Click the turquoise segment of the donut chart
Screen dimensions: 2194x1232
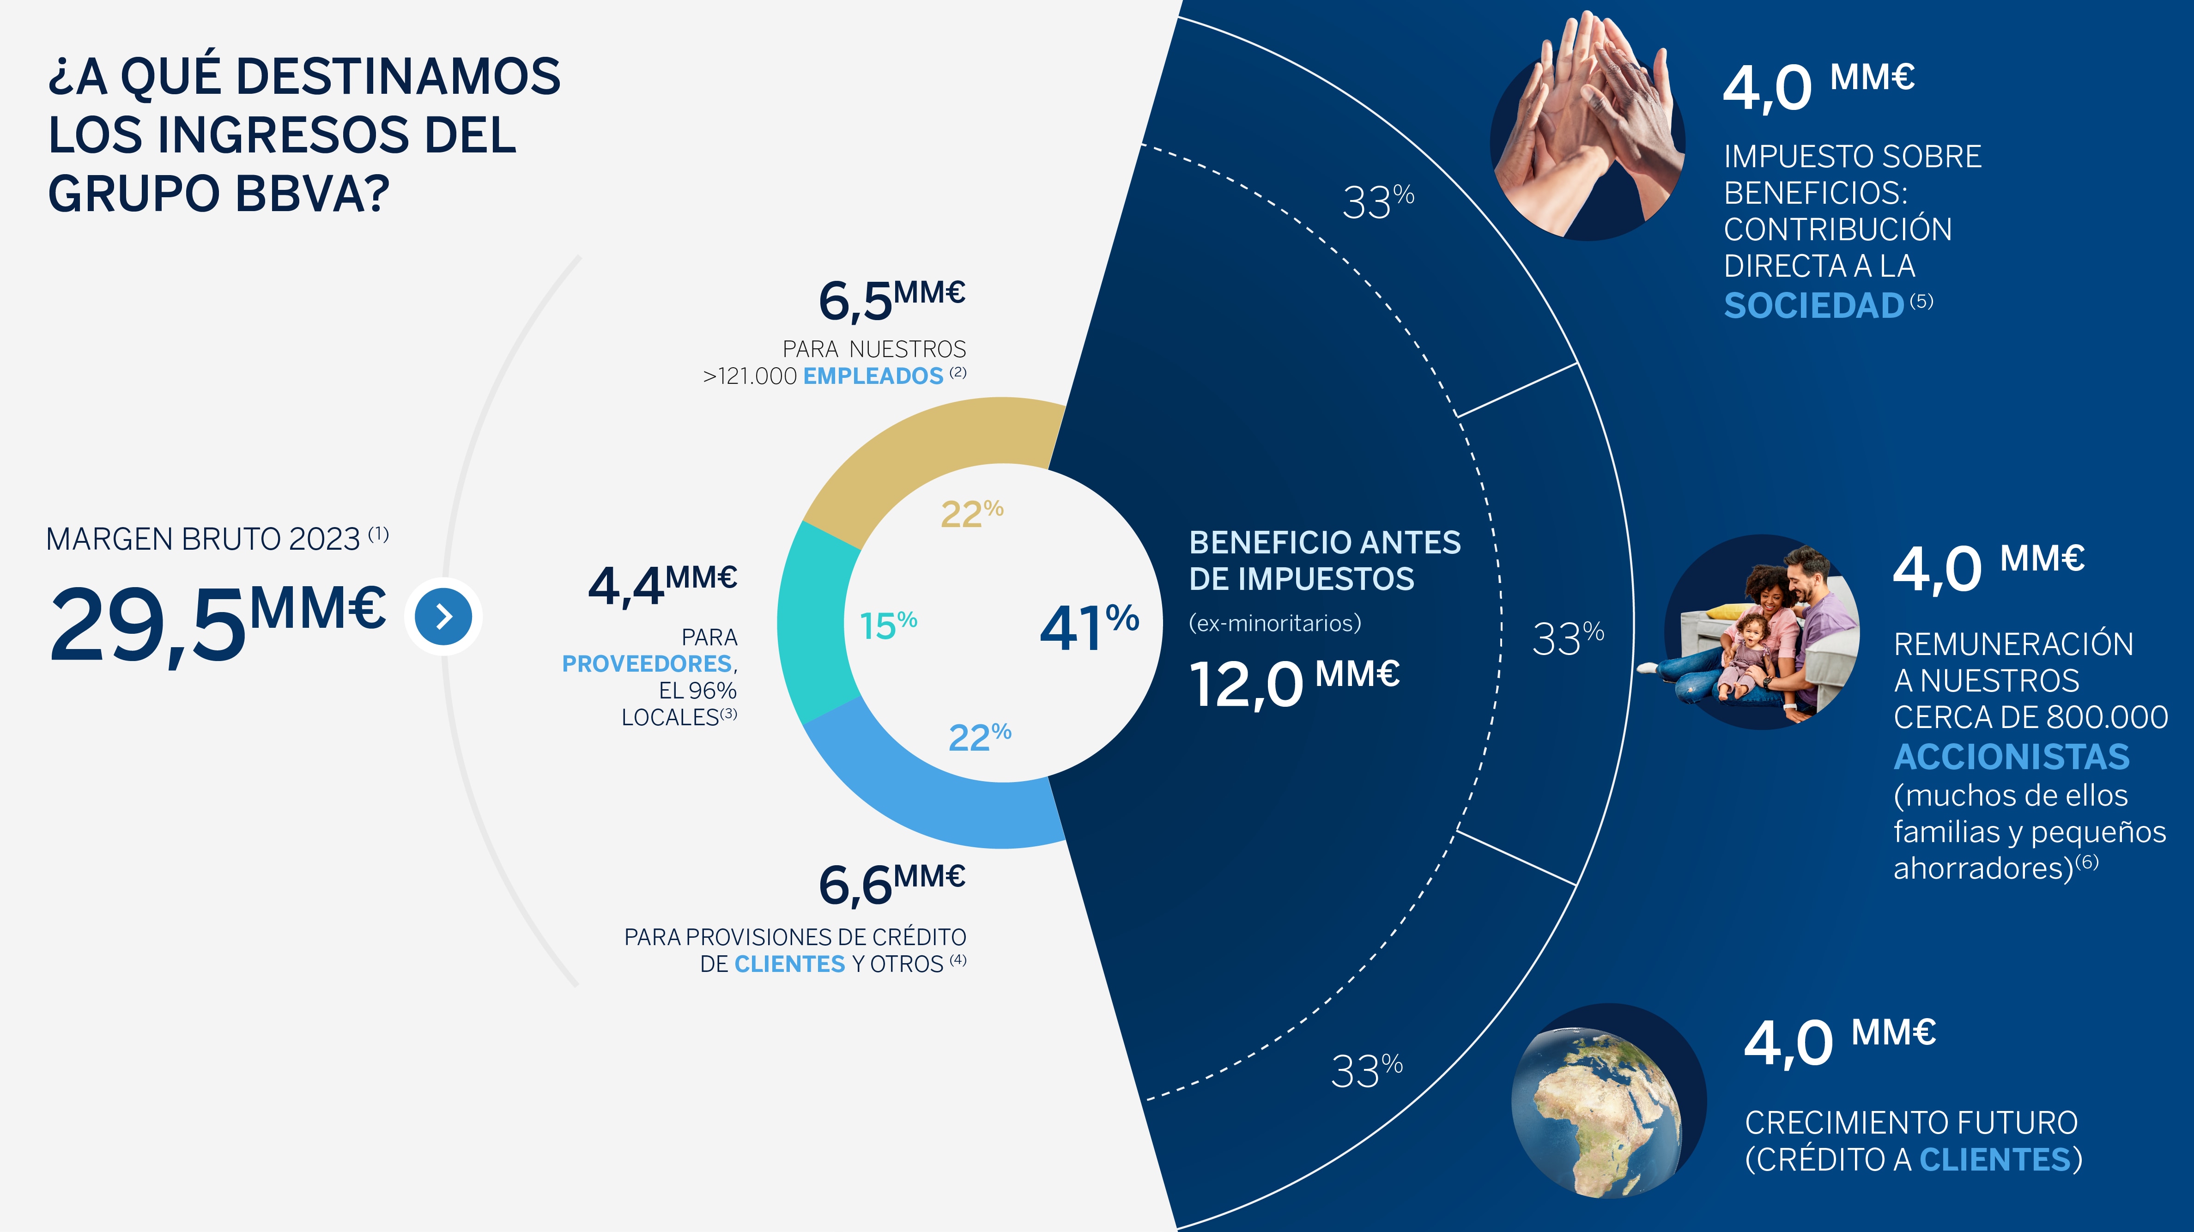coord(813,622)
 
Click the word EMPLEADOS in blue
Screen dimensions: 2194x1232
coord(873,376)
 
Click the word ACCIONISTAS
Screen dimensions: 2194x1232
coord(2012,757)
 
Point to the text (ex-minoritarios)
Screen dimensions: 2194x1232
coord(1275,623)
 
